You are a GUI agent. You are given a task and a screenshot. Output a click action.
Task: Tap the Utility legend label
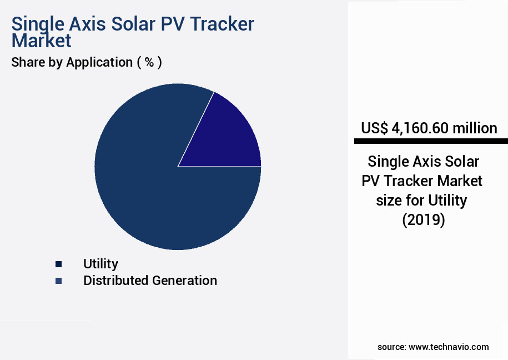click(x=100, y=264)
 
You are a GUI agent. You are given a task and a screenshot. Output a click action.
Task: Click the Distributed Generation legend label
click(x=150, y=281)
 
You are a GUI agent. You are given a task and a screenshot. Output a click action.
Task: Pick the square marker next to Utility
click(x=58, y=264)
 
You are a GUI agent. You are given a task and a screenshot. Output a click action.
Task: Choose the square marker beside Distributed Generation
click(x=58, y=281)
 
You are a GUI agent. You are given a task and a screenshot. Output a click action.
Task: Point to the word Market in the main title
click(x=42, y=41)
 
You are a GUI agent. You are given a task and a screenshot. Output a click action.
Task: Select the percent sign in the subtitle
click(x=149, y=62)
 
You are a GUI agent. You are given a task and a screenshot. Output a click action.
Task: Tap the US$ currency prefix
click(x=374, y=128)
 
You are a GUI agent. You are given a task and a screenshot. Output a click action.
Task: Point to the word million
click(x=475, y=128)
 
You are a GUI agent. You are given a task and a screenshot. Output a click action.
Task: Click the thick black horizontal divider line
click(x=431, y=141)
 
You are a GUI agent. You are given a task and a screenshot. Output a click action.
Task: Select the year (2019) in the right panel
click(x=423, y=220)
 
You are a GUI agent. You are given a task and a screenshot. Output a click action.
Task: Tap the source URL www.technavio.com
click(x=449, y=347)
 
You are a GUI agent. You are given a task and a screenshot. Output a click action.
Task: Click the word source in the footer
click(x=391, y=347)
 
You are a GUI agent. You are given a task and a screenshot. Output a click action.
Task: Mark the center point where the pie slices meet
click(x=178, y=166)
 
